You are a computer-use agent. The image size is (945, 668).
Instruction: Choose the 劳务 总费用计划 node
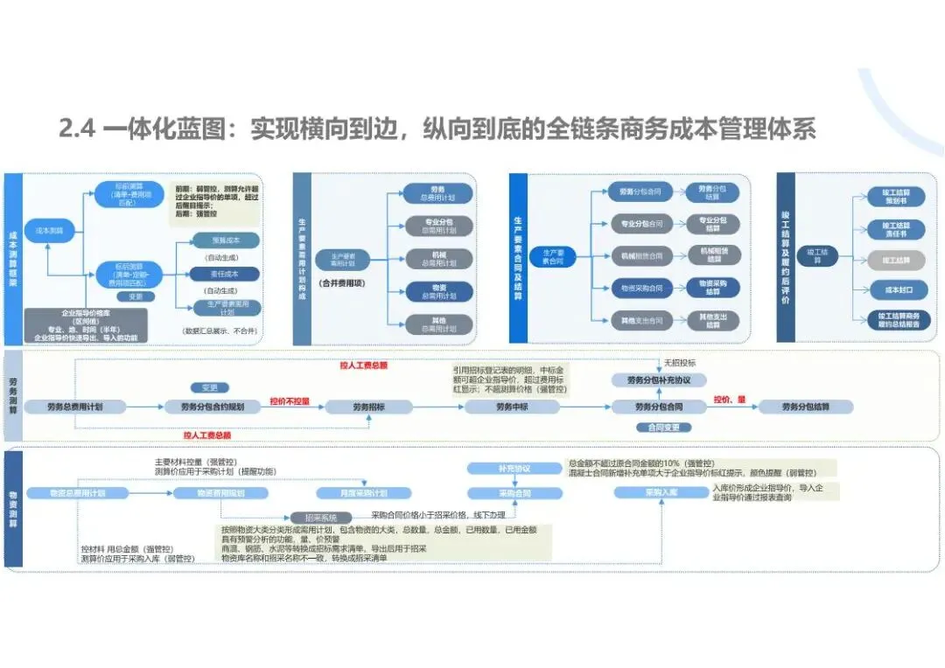pyautogui.click(x=437, y=193)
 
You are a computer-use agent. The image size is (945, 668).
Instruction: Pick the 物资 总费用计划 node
pyautogui.click(x=437, y=291)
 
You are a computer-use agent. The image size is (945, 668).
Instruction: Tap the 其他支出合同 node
pyautogui.click(x=641, y=319)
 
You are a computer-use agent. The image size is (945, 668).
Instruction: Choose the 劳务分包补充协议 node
pyautogui.click(x=659, y=380)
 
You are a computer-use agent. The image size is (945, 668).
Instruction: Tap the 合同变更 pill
pyautogui.click(x=659, y=428)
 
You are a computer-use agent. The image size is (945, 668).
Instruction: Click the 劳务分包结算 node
pyautogui.click(x=806, y=407)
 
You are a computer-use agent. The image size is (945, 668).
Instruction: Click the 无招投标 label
pyautogui.click(x=681, y=362)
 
